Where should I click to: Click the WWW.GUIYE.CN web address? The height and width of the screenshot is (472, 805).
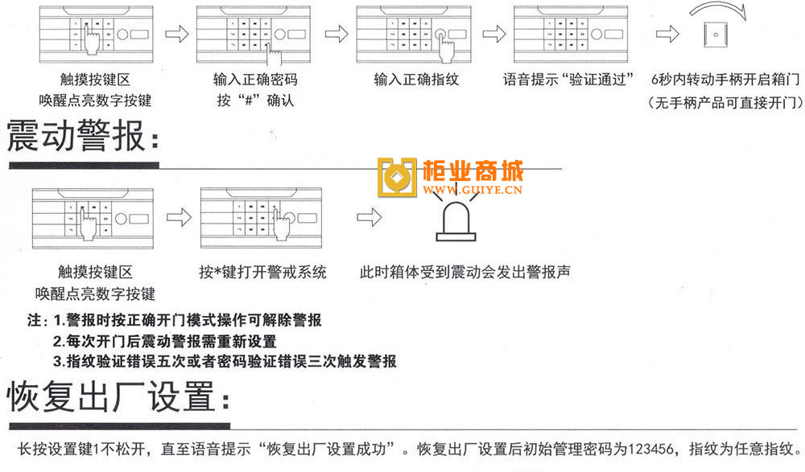[475, 191]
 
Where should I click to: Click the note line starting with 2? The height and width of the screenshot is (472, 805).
[164, 342]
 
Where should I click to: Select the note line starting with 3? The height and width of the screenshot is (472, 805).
[225, 362]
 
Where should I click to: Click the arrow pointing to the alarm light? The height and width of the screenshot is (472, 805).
[369, 217]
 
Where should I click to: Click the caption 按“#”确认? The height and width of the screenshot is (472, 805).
[255, 101]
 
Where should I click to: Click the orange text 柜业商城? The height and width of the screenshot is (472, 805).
[473, 171]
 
